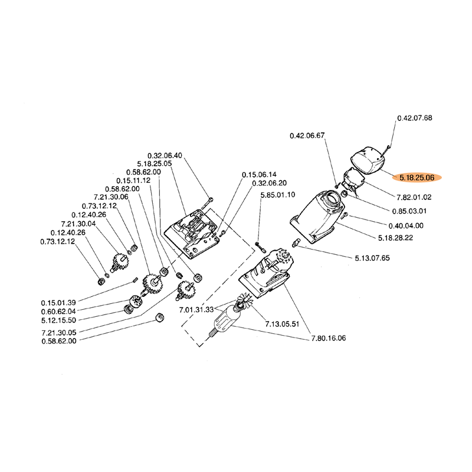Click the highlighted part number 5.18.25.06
417,177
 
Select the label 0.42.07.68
415,118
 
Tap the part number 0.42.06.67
307,136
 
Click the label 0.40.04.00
406,225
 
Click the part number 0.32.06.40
165,155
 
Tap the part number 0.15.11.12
133,180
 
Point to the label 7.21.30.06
111,197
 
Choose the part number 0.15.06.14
259,175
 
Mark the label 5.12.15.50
58,320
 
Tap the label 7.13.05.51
283,324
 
